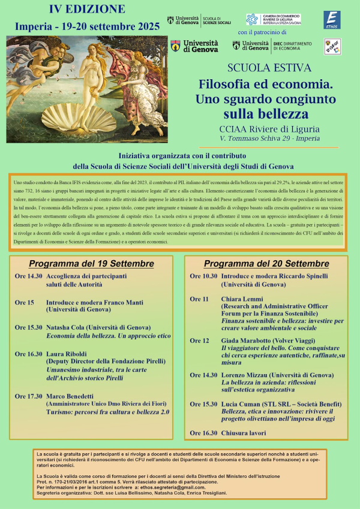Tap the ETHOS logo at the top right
click(x=332, y=19)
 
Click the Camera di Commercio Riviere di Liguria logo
click(x=273, y=19)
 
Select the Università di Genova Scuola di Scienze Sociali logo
click(x=198, y=20)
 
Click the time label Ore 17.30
click(x=29, y=396)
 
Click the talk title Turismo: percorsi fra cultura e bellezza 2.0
click(x=108, y=412)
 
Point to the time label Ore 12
click(x=200, y=341)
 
